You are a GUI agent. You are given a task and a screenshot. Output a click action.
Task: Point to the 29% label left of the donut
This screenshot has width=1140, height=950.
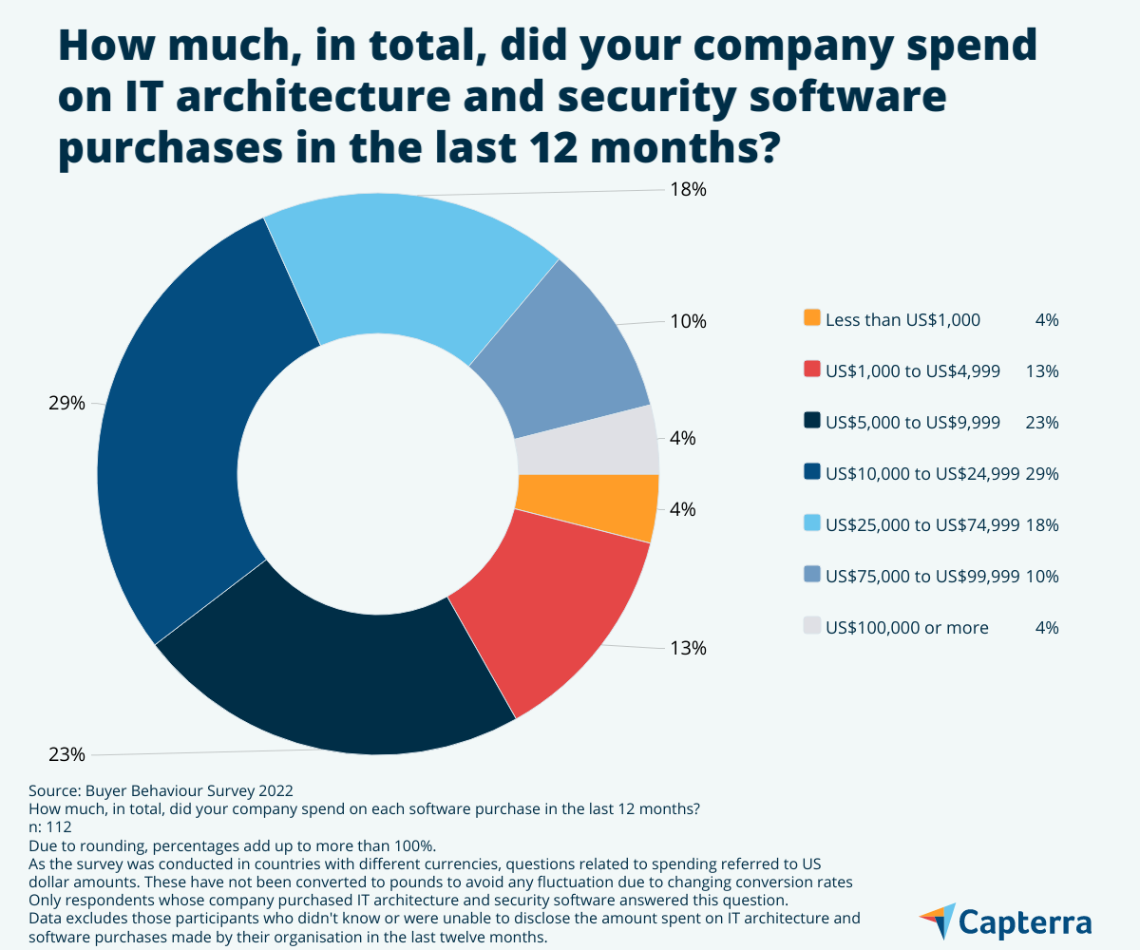click(x=66, y=403)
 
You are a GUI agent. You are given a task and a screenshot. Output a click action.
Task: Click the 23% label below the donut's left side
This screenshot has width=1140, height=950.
click(x=66, y=755)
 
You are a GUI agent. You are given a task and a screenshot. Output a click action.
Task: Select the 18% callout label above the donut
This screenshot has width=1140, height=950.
click(x=689, y=189)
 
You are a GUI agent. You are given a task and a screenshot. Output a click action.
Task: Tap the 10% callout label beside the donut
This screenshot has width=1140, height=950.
click(x=689, y=321)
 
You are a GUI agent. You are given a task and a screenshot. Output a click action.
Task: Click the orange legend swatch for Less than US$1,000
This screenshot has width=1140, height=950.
click(x=811, y=319)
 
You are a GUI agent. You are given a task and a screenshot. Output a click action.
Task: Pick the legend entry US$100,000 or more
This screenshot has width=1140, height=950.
click(x=907, y=627)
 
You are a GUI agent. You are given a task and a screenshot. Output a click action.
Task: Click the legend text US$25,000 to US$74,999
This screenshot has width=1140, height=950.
click(x=922, y=524)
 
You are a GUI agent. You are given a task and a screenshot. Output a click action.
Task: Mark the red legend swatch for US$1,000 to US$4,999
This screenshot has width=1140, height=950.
click(x=811, y=370)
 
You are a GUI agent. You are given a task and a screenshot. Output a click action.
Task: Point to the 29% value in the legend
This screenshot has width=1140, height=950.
click(x=1042, y=473)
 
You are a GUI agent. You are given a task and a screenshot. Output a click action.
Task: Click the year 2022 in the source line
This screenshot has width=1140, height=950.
click(x=275, y=790)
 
